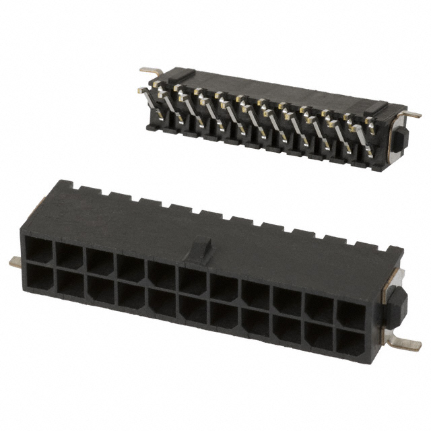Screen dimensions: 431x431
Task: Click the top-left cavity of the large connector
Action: point(38,251)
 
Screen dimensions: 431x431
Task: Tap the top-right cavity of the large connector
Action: point(351,313)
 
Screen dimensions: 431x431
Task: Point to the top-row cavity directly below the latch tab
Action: point(193,281)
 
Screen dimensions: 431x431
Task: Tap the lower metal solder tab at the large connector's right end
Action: point(403,343)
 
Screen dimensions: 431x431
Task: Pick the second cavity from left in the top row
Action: point(69,256)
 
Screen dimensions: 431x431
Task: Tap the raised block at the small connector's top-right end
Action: point(375,107)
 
